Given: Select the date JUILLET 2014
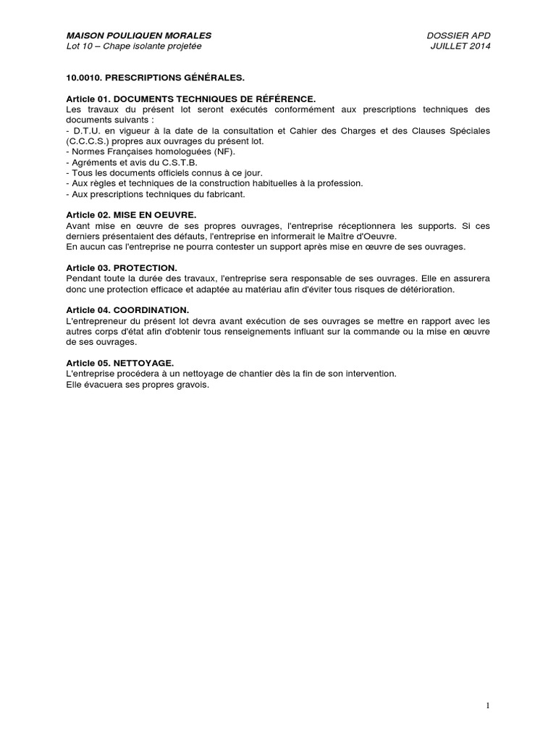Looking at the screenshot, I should (x=460, y=46).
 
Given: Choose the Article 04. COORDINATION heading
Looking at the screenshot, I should (x=127, y=310).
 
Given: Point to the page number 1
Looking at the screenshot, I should (x=488, y=706).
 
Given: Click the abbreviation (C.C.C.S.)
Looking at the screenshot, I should (x=88, y=141).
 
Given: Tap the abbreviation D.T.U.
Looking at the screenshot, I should (x=86, y=130).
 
